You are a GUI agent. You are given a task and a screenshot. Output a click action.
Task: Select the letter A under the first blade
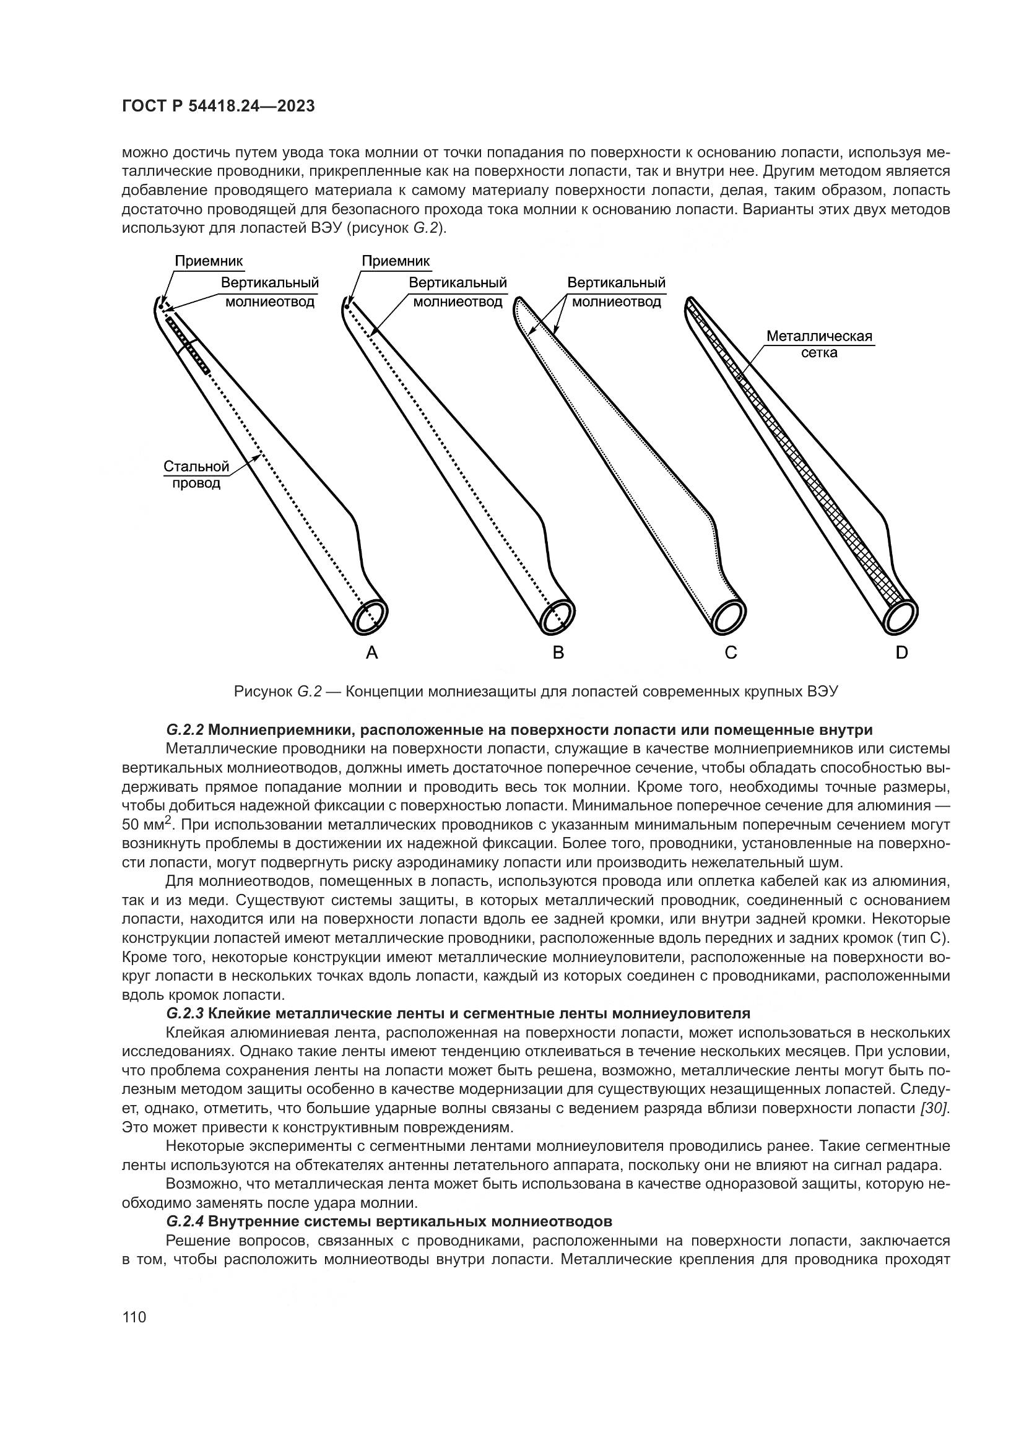pyautogui.click(x=372, y=652)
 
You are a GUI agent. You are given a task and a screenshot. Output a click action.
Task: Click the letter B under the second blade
pyautogui.click(x=558, y=652)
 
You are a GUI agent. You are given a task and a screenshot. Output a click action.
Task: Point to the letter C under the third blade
pyautogui.click(x=731, y=652)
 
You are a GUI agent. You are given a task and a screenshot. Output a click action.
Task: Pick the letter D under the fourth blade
pyautogui.click(x=901, y=652)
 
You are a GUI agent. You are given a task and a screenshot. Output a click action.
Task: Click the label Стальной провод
pyautogui.click(x=196, y=475)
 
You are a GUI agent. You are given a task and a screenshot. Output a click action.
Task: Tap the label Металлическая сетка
pyautogui.click(x=819, y=344)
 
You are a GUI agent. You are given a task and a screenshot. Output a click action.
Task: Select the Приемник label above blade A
pyautogui.click(x=209, y=261)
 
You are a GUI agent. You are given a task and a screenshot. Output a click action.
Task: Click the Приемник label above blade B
pyautogui.click(x=396, y=261)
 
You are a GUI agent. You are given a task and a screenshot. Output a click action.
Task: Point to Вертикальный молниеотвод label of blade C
pyautogui.click(x=616, y=292)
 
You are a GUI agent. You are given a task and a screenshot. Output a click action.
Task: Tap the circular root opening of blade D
pyautogui.click(x=900, y=616)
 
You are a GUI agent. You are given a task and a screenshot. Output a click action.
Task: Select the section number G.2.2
pyautogui.click(x=185, y=731)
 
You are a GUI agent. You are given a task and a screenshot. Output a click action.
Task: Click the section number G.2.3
pyautogui.click(x=185, y=1013)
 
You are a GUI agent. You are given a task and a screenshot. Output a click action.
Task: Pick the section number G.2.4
pyautogui.click(x=185, y=1221)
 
